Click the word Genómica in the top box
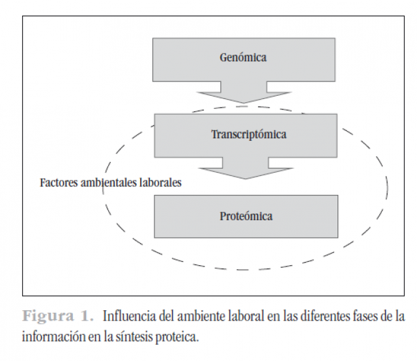[x=243, y=57]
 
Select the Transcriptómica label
[x=249, y=134]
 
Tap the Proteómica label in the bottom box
[x=246, y=216]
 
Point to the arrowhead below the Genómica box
[x=244, y=97]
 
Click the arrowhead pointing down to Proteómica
[x=246, y=173]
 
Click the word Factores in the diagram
[x=59, y=182]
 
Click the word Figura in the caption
[x=48, y=316]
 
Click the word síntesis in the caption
[x=134, y=337]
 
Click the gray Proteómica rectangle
[x=246, y=216]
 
